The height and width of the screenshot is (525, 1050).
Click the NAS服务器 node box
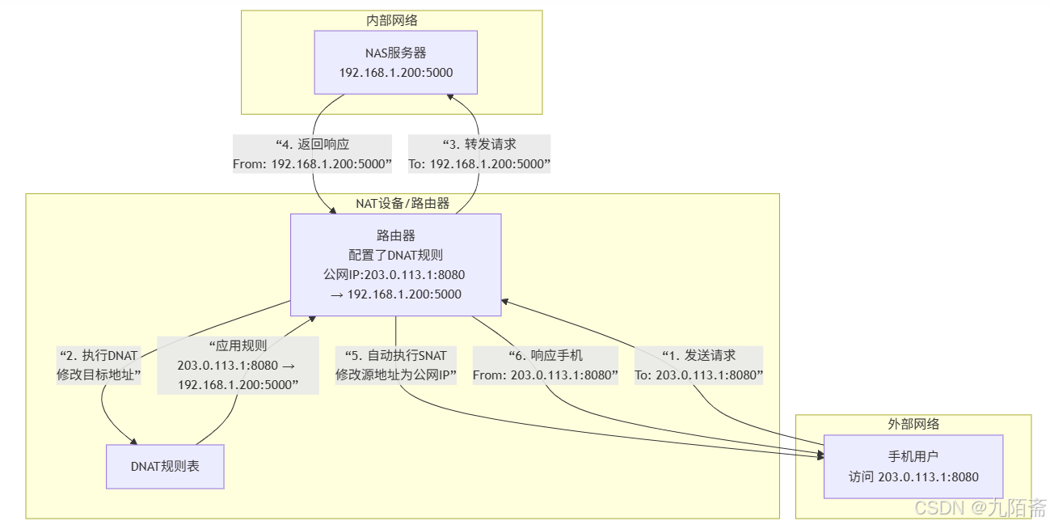[395, 62]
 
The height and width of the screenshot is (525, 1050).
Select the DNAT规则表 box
[165, 466]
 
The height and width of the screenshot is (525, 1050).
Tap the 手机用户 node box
[913, 466]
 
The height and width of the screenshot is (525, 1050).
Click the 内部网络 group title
[391, 20]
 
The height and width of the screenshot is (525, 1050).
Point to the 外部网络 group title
[913, 424]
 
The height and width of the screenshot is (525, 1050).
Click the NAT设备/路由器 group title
[402, 203]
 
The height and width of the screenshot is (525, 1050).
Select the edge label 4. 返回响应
[312, 154]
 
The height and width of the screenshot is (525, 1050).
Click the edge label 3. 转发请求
[479, 154]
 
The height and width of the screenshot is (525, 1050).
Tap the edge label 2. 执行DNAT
[99, 365]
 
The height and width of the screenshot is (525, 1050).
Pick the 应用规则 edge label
[237, 365]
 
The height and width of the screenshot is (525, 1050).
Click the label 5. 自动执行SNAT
[396, 365]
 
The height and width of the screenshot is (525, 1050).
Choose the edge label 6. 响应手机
[545, 365]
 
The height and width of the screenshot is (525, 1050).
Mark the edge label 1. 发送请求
[698, 365]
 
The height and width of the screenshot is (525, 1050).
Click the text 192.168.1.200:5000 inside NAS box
[395, 73]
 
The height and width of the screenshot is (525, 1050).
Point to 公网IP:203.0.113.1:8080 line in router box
[395, 274]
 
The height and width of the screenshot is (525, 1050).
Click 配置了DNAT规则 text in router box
[395, 255]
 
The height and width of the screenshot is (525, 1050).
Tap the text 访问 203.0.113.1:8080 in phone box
[913, 476]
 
